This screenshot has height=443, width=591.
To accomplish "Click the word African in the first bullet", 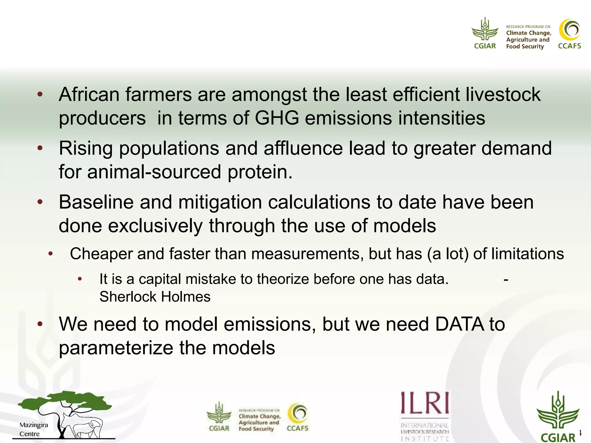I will pyautogui.click(x=89, y=95).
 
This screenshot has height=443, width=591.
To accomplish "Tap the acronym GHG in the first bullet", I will pyautogui.click(x=277, y=118).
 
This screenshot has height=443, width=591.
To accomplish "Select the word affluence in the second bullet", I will pyautogui.click(x=303, y=148).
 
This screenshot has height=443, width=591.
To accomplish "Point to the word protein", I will pyautogui.click(x=260, y=172).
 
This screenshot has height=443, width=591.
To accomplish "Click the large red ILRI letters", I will pyautogui.click(x=425, y=403).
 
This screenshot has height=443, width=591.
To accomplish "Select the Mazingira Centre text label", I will pyautogui.click(x=33, y=429).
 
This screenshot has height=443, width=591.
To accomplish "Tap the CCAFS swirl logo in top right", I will pyautogui.click(x=569, y=30).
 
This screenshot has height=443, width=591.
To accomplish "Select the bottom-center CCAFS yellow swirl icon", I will pyautogui.click(x=298, y=413).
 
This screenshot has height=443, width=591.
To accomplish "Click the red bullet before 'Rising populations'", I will pyautogui.click(x=40, y=148).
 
